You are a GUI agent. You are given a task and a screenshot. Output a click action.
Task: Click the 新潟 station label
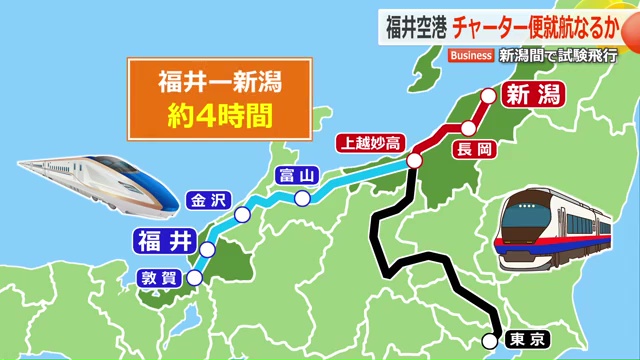click(x=529, y=96)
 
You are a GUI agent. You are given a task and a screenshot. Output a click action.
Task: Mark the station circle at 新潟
click(x=488, y=97)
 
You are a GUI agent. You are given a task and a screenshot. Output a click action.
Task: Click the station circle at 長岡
click(x=467, y=127)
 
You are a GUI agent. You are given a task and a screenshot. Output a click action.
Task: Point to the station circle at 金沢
click(x=241, y=215)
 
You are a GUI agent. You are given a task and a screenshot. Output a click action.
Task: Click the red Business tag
click(x=471, y=55)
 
